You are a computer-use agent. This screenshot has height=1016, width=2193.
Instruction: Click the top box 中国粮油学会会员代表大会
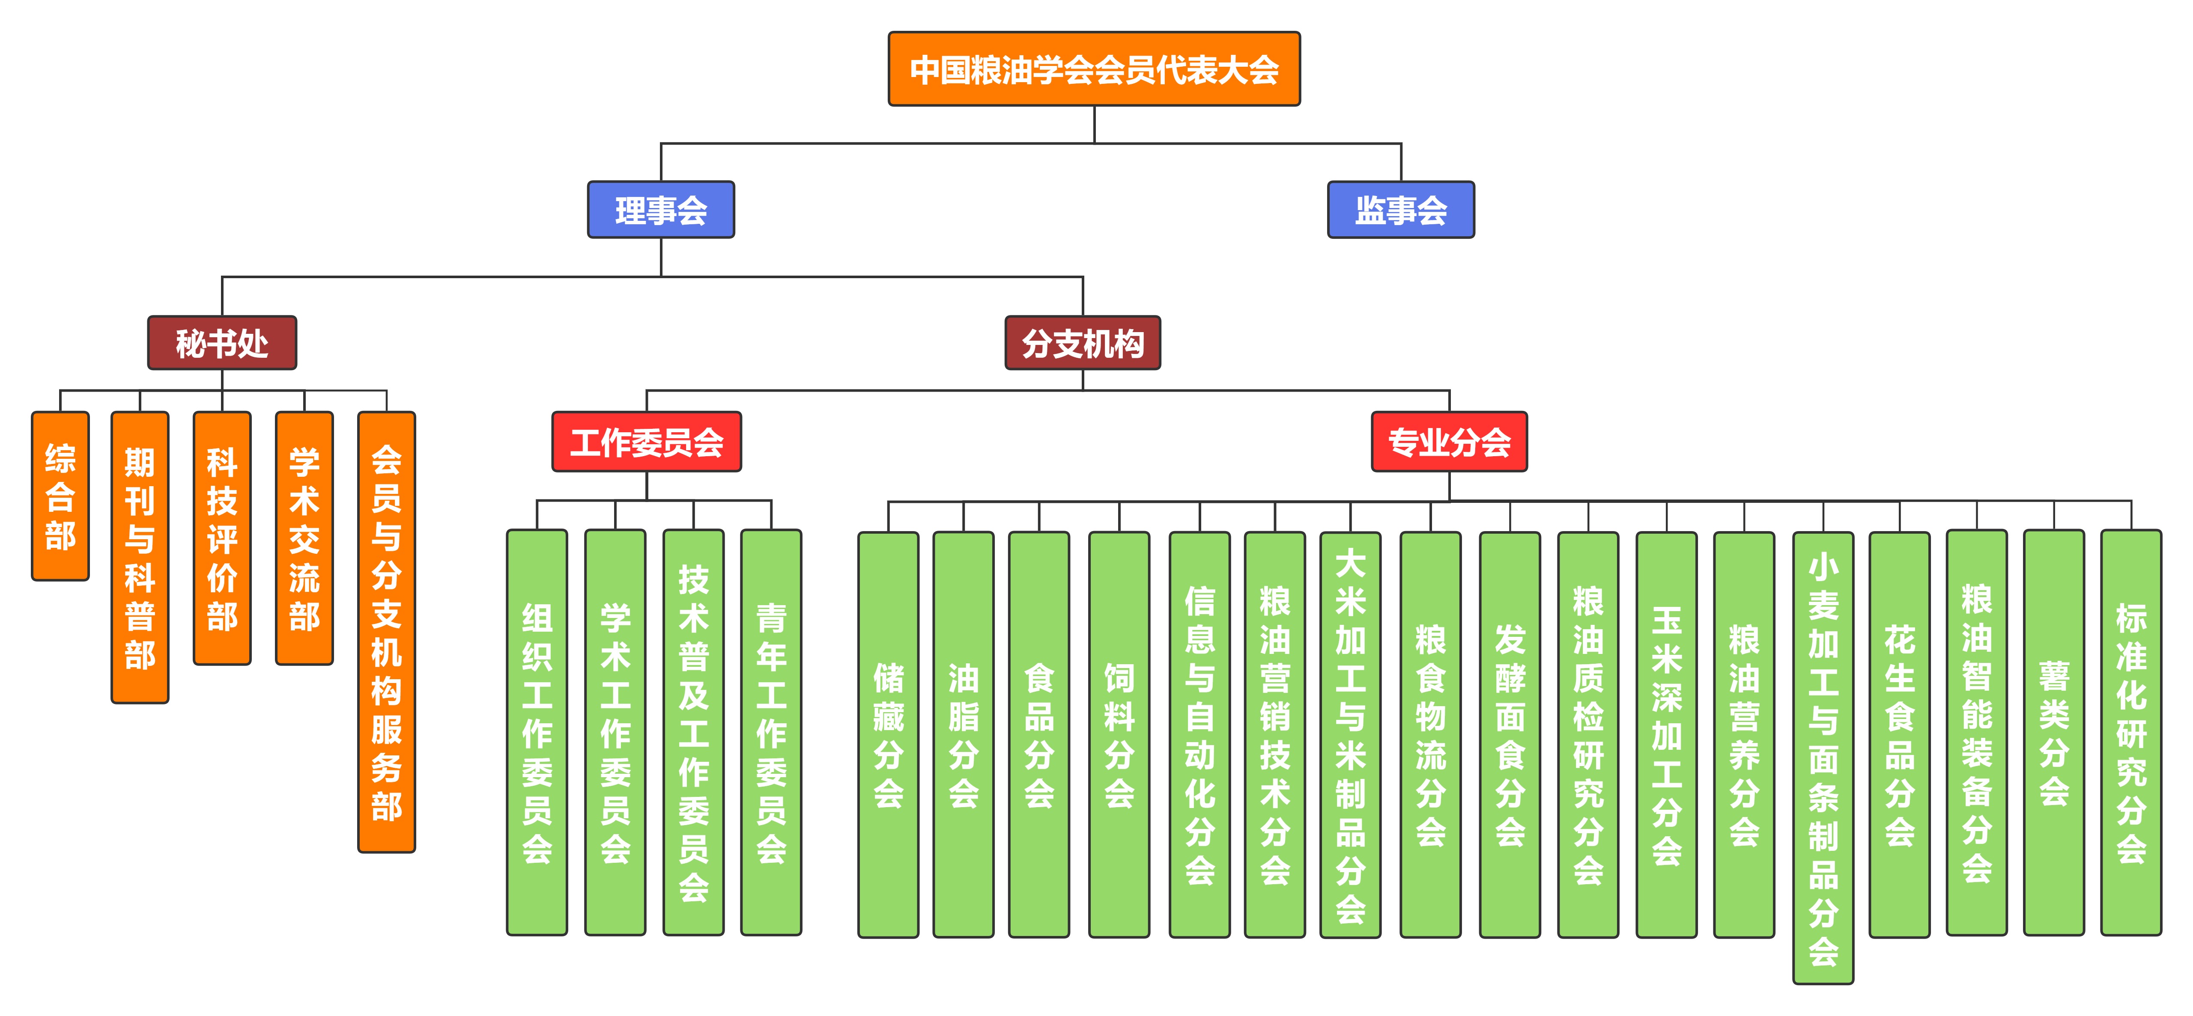pyautogui.click(x=1094, y=69)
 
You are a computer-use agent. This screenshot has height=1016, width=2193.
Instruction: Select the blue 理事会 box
pyautogui.click(x=661, y=209)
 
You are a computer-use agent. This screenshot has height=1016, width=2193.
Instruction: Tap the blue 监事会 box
pyautogui.click(x=1400, y=209)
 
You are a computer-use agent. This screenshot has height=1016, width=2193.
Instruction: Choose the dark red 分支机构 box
pyautogui.click(x=1082, y=343)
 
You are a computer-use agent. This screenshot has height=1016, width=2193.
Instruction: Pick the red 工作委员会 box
pyautogui.click(x=646, y=442)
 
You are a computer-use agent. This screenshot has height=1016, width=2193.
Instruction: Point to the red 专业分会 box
pyautogui.click(x=1449, y=442)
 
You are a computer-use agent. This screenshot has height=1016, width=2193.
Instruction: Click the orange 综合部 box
pyautogui.click(x=60, y=496)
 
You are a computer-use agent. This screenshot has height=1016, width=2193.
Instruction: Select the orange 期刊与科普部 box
pyautogui.click(x=140, y=557)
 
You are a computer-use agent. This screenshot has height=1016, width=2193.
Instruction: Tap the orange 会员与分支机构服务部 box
pyautogui.click(x=387, y=631)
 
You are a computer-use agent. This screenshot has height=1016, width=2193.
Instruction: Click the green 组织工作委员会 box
pyautogui.click(x=537, y=732)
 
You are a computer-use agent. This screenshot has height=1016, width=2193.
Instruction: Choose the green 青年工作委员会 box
pyautogui.click(x=771, y=732)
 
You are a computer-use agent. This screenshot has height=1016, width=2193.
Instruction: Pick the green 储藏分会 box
pyautogui.click(x=888, y=734)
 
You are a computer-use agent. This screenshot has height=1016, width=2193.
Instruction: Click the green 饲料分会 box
pyautogui.click(x=1119, y=734)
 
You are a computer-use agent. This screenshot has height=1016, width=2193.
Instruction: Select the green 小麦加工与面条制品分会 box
pyautogui.click(x=1823, y=758)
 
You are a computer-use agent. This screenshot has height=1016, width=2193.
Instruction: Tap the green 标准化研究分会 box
pyautogui.click(x=2131, y=732)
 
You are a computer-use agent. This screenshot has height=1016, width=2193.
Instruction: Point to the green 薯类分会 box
pyautogui.click(x=2053, y=732)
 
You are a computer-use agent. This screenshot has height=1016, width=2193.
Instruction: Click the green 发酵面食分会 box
pyautogui.click(x=1510, y=734)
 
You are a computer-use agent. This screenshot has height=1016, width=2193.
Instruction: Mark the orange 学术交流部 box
pyautogui.click(x=304, y=538)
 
